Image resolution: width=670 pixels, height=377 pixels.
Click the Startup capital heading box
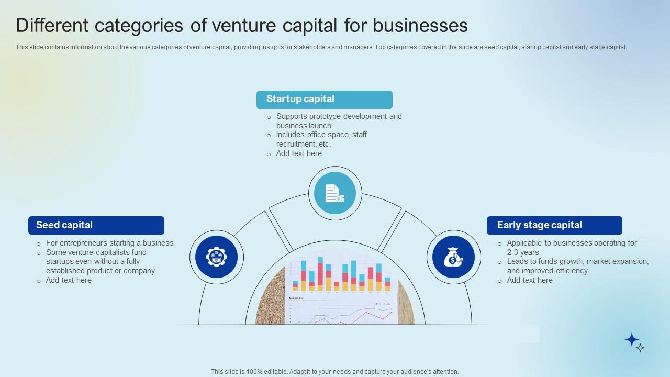324,99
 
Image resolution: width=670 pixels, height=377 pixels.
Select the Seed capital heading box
96,225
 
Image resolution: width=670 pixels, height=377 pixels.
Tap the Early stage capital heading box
554,225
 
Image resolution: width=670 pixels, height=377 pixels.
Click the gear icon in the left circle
216,257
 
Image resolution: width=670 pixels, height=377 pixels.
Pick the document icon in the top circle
334,193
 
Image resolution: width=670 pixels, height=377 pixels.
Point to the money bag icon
453,257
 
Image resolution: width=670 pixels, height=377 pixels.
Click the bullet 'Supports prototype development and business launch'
339,121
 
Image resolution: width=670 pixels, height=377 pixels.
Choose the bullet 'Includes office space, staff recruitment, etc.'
321,139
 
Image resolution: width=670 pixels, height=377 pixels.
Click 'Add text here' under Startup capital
299,153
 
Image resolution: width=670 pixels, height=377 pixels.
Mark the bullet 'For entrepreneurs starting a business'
109,243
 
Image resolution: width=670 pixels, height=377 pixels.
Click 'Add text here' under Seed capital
69,280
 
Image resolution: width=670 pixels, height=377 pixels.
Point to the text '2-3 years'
522,252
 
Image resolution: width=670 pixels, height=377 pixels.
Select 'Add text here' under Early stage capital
529,280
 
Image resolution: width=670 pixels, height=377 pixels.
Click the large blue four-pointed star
632,340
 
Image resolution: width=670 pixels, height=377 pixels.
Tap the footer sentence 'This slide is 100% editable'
334,372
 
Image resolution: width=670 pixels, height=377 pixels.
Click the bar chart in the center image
341,276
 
